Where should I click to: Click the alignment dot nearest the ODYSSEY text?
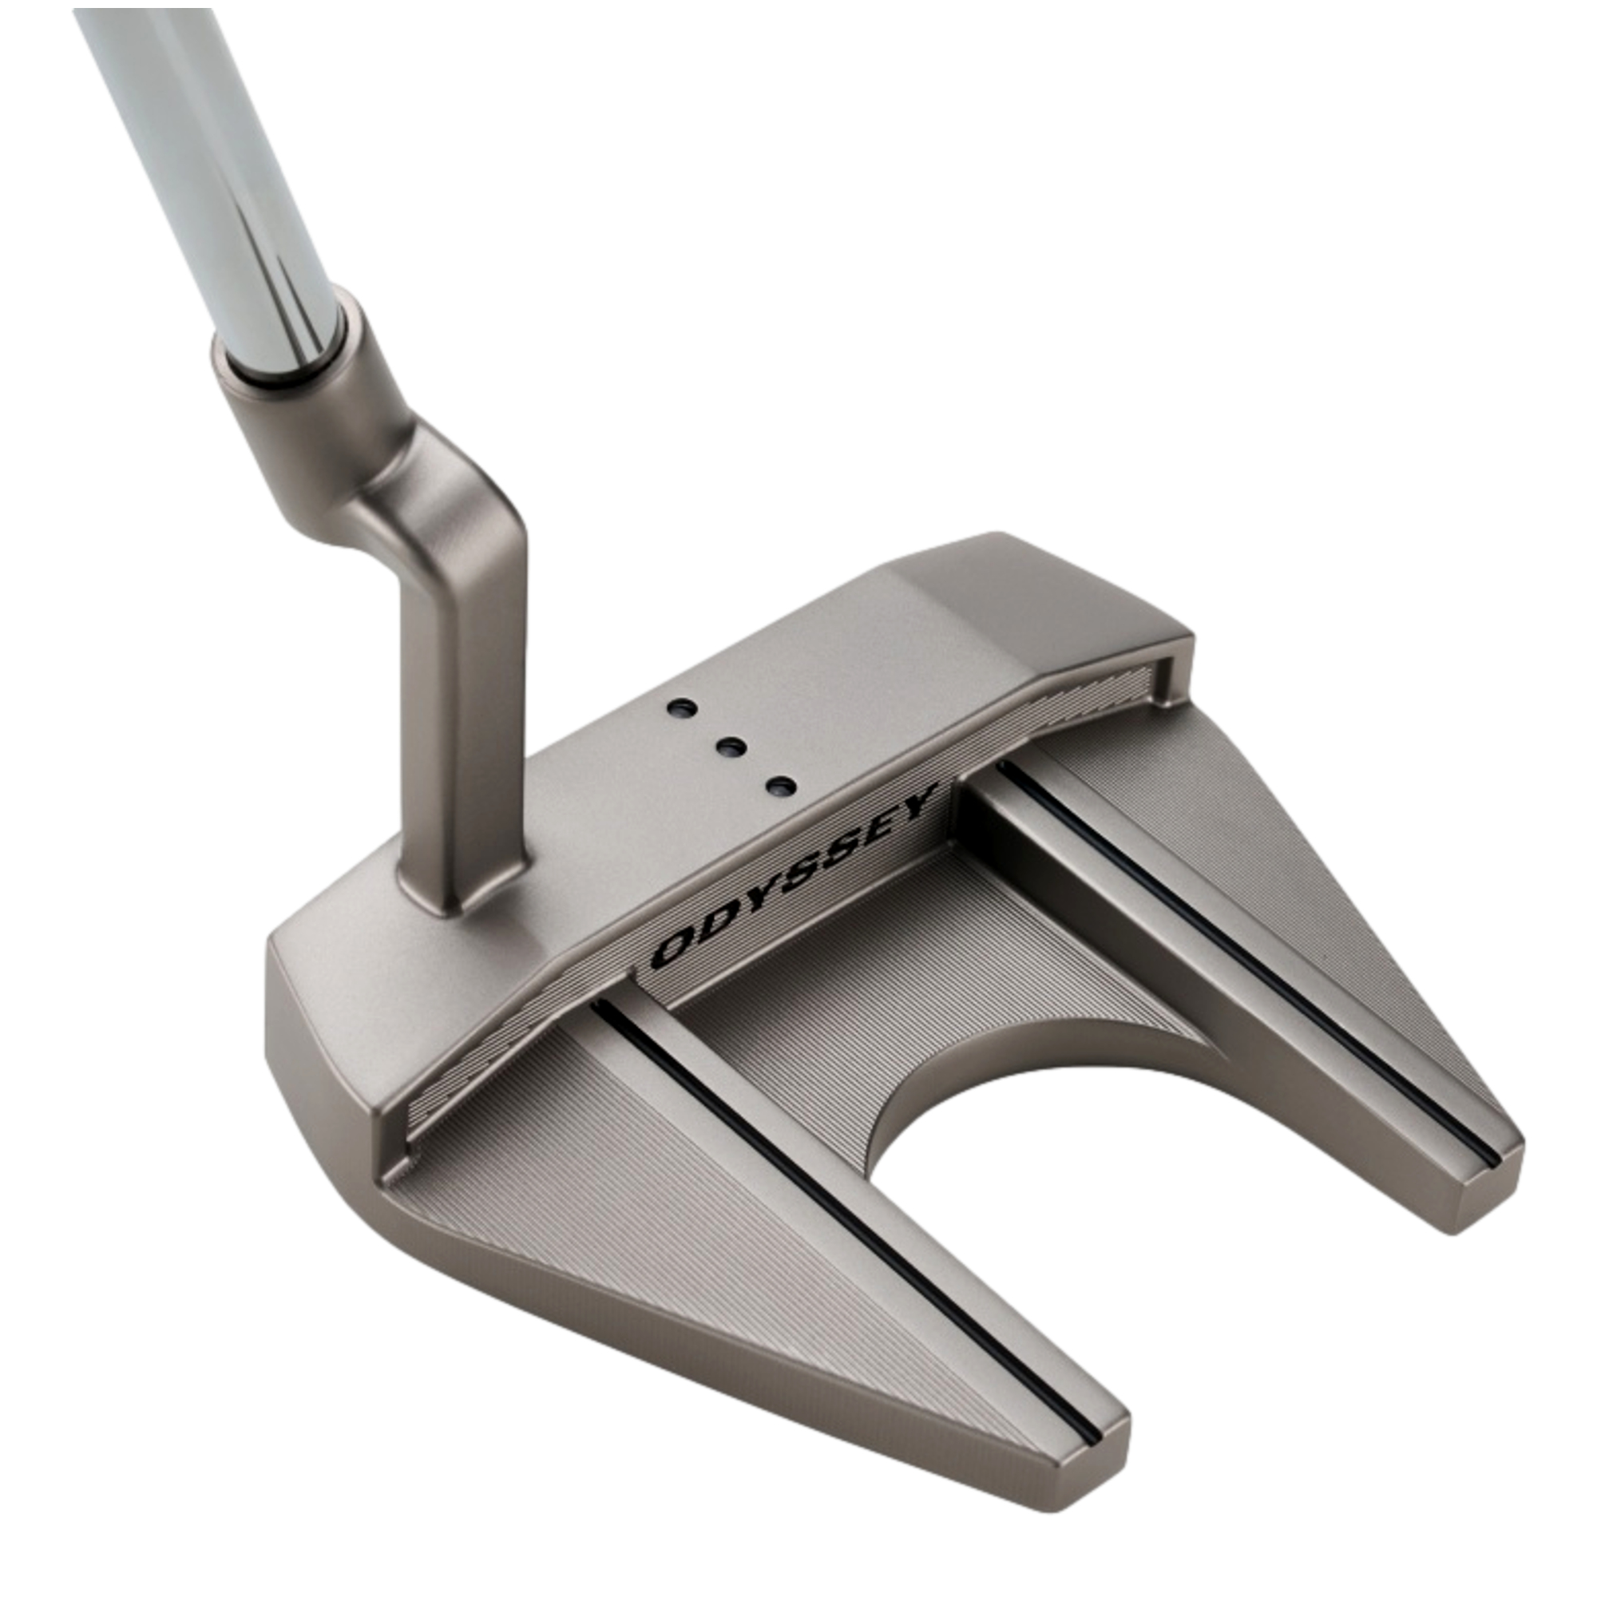779,785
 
